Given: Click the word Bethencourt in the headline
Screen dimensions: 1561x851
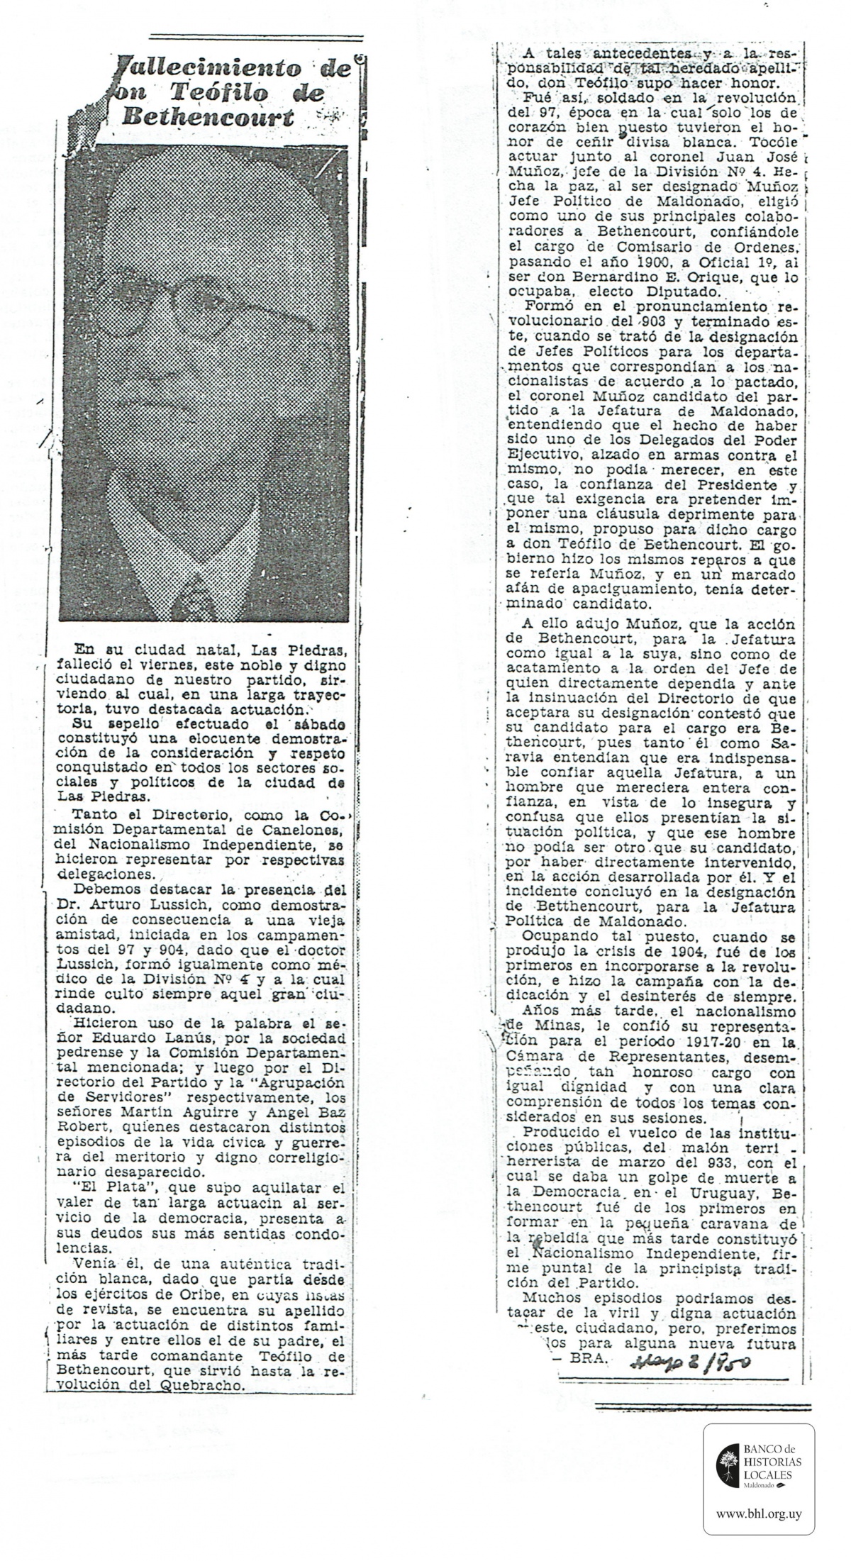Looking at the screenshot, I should coord(207,117).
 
